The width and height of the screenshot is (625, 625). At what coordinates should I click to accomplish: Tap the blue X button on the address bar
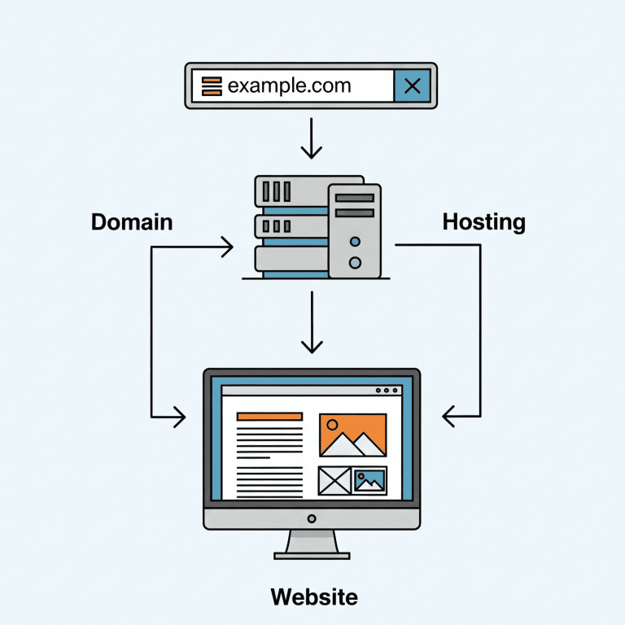coord(412,85)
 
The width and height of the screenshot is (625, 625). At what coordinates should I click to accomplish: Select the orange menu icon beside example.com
coord(212,85)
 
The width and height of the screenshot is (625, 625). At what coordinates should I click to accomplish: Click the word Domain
coord(131,221)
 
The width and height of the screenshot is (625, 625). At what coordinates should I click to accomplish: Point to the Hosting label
coord(483,221)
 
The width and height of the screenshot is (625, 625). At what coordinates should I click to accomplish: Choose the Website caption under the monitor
coord(313,597)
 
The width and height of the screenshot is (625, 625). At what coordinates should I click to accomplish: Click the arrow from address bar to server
coord(312,138)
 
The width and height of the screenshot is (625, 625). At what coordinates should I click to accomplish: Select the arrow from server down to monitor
coord(312,322)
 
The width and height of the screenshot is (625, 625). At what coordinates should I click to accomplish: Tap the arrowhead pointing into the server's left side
coord(227,245)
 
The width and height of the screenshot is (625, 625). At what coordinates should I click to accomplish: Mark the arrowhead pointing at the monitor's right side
coord(449,417)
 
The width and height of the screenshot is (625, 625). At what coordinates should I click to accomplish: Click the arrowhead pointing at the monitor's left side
coord(178,417)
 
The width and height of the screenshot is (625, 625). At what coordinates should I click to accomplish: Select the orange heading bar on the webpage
coord(269,416)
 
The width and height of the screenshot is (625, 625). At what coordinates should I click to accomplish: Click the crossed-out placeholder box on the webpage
coord(334,480)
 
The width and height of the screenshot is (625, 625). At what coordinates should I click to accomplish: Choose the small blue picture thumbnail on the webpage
coord(370,480)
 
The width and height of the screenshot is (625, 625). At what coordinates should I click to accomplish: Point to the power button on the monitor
coord(312,518)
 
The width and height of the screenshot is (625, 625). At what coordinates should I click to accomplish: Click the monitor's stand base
coord(312,555)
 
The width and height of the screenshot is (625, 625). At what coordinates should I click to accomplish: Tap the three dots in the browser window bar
coord(387,391)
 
